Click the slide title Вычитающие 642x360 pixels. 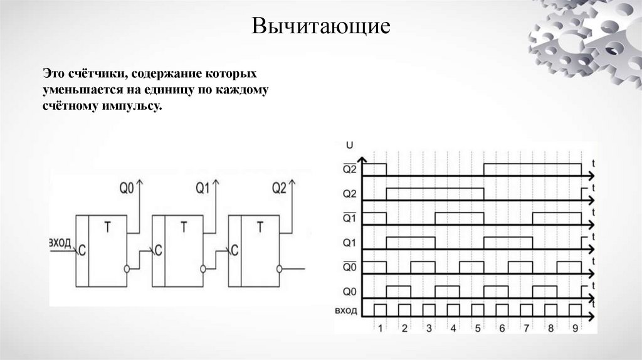pos(322,26)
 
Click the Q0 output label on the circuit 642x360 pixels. pos(127,187)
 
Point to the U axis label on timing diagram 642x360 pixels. pos(349,145)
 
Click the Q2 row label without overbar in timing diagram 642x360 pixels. pos(349,193)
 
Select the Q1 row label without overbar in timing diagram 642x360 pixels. pos(349,241)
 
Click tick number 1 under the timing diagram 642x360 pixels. pos(380,327)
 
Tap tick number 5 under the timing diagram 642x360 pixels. pos(478,327)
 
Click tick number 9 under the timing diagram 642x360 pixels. pos(576,327)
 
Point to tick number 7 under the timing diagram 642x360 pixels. pos(527,327)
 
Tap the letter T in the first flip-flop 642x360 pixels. pos(107,227)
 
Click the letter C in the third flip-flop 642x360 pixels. pos(234,250)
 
